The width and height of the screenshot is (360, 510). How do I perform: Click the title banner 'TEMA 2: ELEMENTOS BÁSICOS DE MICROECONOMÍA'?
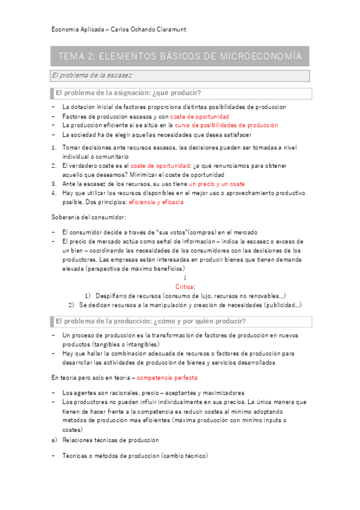[x=179, y=57]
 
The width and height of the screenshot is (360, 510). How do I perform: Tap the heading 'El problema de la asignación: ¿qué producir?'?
[x=128, y=93]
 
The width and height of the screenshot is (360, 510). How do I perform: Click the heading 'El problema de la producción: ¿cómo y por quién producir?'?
[x=150, y=321]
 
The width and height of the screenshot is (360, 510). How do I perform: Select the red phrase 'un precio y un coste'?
[x=216, y=183]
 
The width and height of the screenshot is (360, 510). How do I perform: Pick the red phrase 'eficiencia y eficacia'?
[x=156, y=203]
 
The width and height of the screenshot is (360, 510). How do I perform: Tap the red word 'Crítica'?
[x=185, y=287]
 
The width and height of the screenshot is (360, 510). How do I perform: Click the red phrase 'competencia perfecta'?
[x=166, y=378]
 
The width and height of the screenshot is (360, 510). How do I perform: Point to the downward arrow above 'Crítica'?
[x=185, y=278]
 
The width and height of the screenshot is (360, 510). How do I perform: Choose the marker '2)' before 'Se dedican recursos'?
[x=72, y=305]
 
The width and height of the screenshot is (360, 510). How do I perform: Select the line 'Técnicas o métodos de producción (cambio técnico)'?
[x=135, y=456]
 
